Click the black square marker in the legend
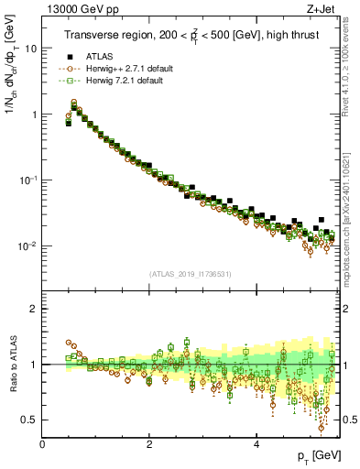(x=70, y=56)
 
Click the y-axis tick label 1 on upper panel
(x=34, y=115)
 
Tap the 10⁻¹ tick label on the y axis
(x=28, y=180)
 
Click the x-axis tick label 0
(x=42, y=444)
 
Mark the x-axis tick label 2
(x=149, y=444)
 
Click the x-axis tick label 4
(x=256, y=444)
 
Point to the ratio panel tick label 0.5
(x=29, y=420)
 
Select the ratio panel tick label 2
(x=34, y=309)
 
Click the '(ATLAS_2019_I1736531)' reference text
(x=191, y=274)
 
